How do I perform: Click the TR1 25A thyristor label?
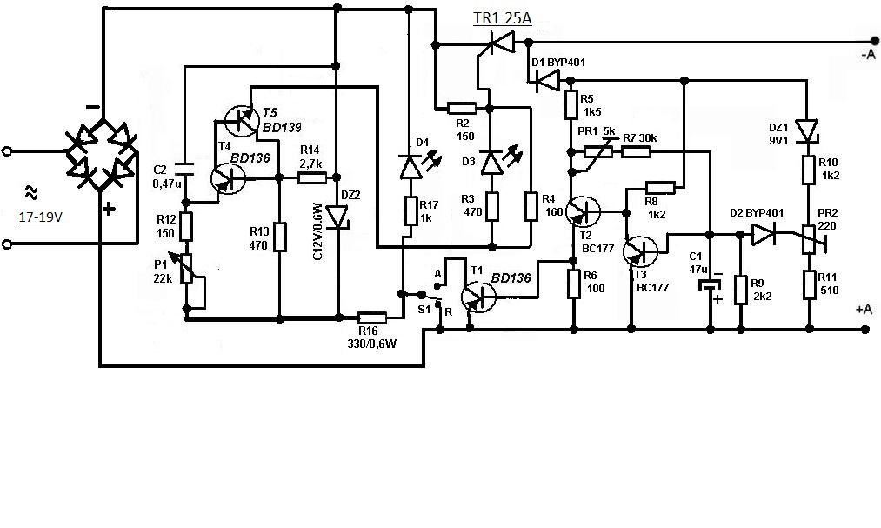coord(503,18)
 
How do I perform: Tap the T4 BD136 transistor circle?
coord(229,179)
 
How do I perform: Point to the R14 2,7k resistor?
coord(312,178)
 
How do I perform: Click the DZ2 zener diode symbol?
coord(338,217)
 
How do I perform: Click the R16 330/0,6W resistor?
coord(372,317)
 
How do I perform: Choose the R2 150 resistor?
coord(462,108)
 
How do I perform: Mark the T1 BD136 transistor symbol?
coord(478,296)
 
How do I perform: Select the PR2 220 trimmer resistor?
coord(810,240)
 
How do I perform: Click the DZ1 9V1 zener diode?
coord(807,130)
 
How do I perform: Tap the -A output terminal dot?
coord(874,41)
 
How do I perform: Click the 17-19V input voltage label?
coord(40,217)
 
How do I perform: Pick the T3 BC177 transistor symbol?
coord(640,251)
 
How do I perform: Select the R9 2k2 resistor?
coord(741,290)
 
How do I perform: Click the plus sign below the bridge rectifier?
coord(109,210)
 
